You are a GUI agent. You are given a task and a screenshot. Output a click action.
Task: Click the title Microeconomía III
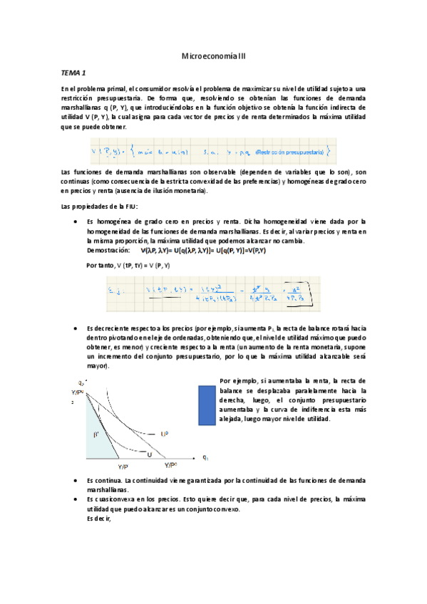(x=213, y=56)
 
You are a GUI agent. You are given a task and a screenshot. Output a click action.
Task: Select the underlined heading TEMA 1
(x=73, y=73)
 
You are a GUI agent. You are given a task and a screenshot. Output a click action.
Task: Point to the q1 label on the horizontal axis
(x=205, y=457)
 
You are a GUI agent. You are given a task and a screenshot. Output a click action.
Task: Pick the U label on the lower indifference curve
(x=150, y=454)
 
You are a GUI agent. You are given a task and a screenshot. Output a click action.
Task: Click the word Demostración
(x=108, y=251)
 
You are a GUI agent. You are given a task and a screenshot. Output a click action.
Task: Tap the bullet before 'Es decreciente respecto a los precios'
(x=76, y=328)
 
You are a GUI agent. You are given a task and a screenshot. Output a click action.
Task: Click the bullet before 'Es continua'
(x=76, y=481)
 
